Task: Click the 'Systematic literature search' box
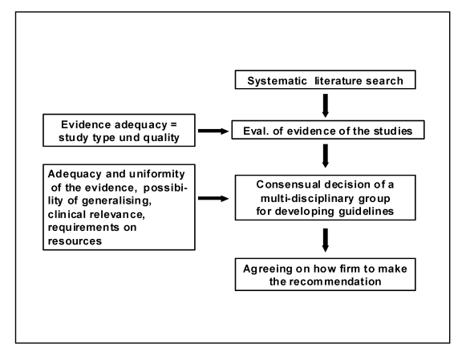click(x=325, y=79)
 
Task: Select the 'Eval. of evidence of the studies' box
click(x=328, y=130)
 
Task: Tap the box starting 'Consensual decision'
click(x=325, y=197)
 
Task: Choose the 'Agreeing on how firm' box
click(x=325, y=274)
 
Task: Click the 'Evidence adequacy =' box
click(x=119, y=130)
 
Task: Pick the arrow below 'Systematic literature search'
click(x=326, y=106)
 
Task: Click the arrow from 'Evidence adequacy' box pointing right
click(x=213, y=131)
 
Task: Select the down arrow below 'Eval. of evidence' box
click(x=326, y=156)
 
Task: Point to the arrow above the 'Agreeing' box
click(x=326, y=240)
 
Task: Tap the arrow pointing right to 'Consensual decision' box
click(x=213, y=198)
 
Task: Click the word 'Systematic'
click(x=277, y=81)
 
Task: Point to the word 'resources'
click(x=75, y=241)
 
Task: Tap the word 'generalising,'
click(x=116, y=201)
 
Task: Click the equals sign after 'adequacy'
click(x=173, y=125)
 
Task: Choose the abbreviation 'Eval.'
click(x=256, y=131)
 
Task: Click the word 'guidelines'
click(x=366, y=212)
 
